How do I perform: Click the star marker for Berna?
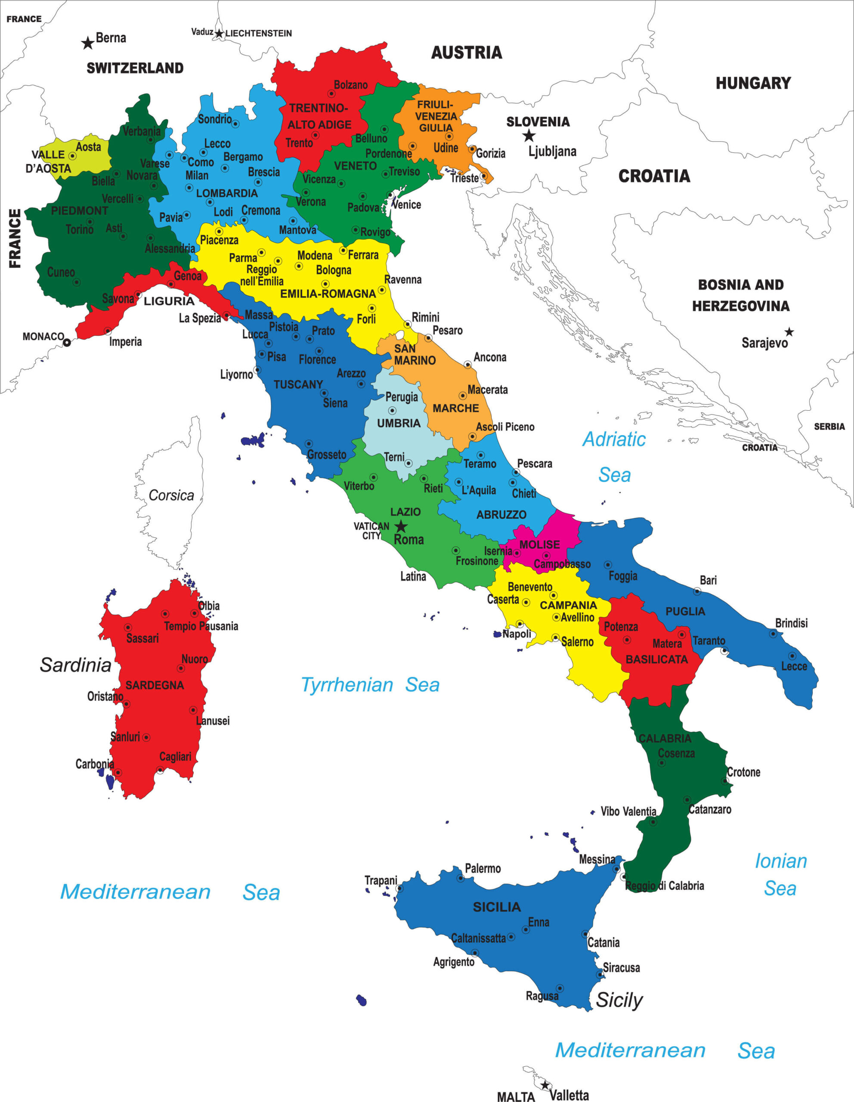tap(88, 43)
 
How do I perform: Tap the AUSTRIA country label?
tap(466, 53)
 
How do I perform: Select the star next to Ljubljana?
tap(528, 136)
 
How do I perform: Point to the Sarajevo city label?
tap(764, 343)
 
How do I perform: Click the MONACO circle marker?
tap(67, 343)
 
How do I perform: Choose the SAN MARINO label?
tap(414, 354)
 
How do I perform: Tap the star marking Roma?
tap(400, 527)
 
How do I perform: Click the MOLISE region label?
tap(539, 545)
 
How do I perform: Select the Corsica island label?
tap(171, 495)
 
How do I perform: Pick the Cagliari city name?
tap(175, 756)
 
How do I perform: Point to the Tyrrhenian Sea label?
tap(370, 685)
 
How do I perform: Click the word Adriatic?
tap(614, 439)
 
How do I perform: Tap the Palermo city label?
tap(482, 868)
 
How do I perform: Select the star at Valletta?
tap(545, 1085)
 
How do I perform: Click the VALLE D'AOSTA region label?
tap(49, 161)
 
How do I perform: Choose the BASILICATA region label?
tap(656, 659)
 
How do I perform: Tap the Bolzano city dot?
tap(331, 94)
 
